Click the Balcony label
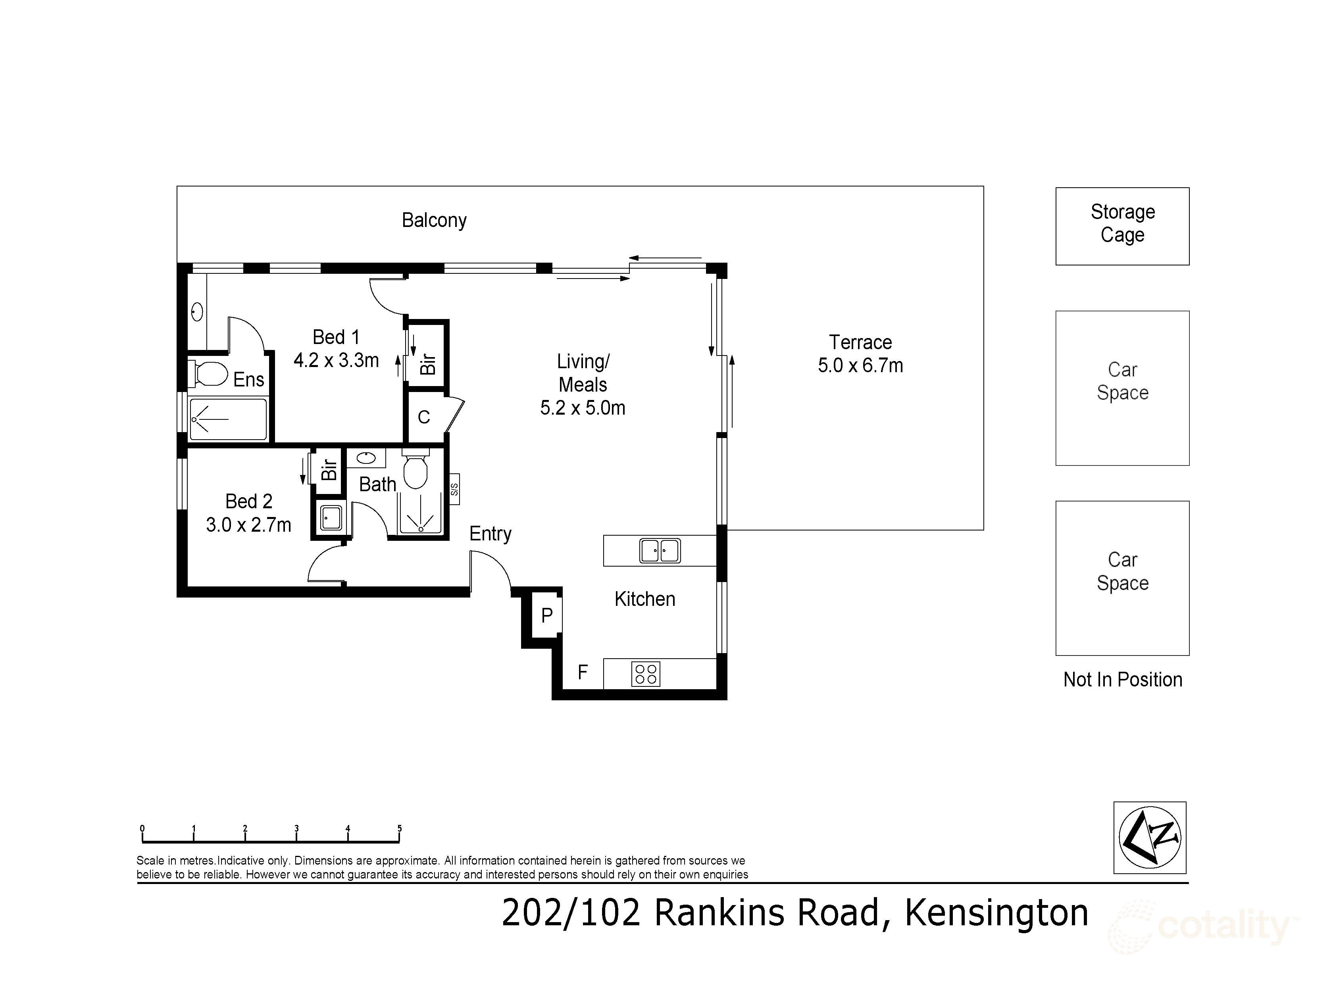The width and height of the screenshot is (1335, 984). (434, 220)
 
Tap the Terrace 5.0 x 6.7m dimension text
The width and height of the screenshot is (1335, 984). (860, 365)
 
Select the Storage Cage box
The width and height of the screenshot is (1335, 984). (1122, 226)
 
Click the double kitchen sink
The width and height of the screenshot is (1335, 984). (660, 550)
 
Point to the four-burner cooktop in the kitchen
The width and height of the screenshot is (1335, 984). (645, 674)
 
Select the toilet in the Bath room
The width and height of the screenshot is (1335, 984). (415, 471)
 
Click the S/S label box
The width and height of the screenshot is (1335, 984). (454, 489)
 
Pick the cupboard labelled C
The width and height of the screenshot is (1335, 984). (423, 417)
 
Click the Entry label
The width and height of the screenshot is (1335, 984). (490, 534)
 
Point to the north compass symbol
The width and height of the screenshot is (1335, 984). (1149, 837)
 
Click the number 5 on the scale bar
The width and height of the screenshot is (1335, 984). (400, 828)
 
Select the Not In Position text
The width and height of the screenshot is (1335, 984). (1122, 680)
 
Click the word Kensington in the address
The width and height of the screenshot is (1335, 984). (996, 913)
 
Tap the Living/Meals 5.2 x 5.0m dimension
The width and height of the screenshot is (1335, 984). (582, 408)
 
